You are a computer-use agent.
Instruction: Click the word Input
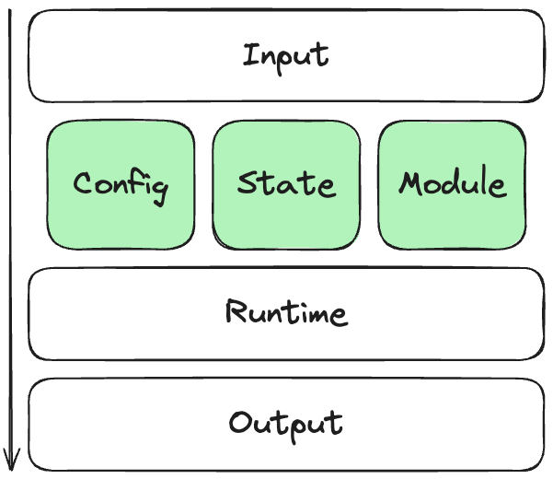[x=285, y=55]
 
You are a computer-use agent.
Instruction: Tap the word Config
[x=121, y=184]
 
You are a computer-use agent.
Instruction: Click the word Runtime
[x=286, y=313]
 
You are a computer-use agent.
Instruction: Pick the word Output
[x=286, y=424]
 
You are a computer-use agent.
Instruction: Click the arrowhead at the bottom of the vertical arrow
[x=12, y=458]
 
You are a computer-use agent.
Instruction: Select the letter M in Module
[x=410, y=182]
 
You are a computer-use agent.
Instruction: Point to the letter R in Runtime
[x=235, y=312]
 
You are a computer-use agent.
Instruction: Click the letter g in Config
[x=160, y=188]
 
